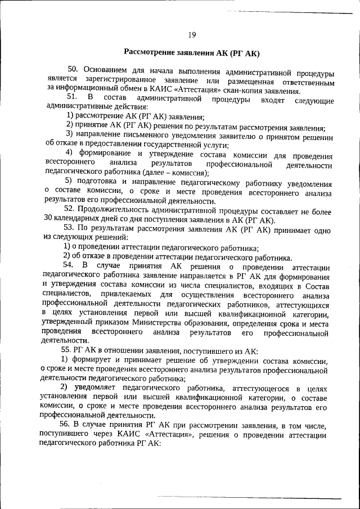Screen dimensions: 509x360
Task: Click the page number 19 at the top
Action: tap(192, 35)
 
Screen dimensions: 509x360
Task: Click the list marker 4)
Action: tap(70, 154)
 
